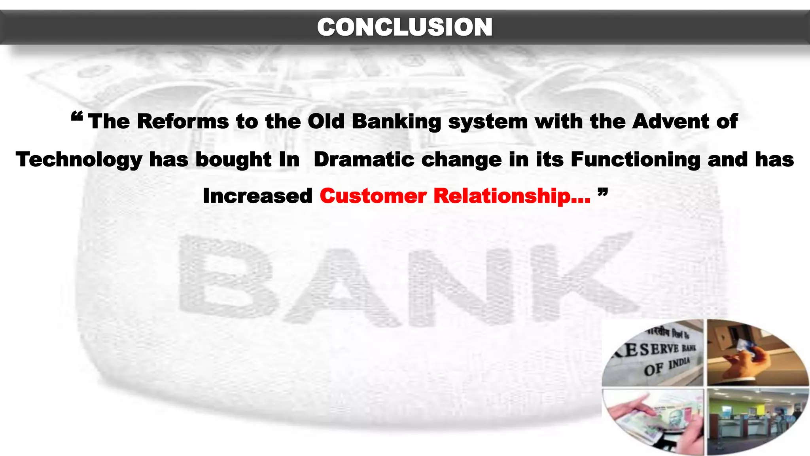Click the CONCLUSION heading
click(x=405, y=27)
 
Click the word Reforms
click(x=183, y=121)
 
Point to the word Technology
click(x=79, y=160)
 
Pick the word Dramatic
click(x=364, y=160)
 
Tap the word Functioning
click(x=635, y=160)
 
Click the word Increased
click(x=257, y=196)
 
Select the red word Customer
click(x=373, y=196)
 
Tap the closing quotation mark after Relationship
click(x=602, y=192)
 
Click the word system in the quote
click(x=488, y=121)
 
